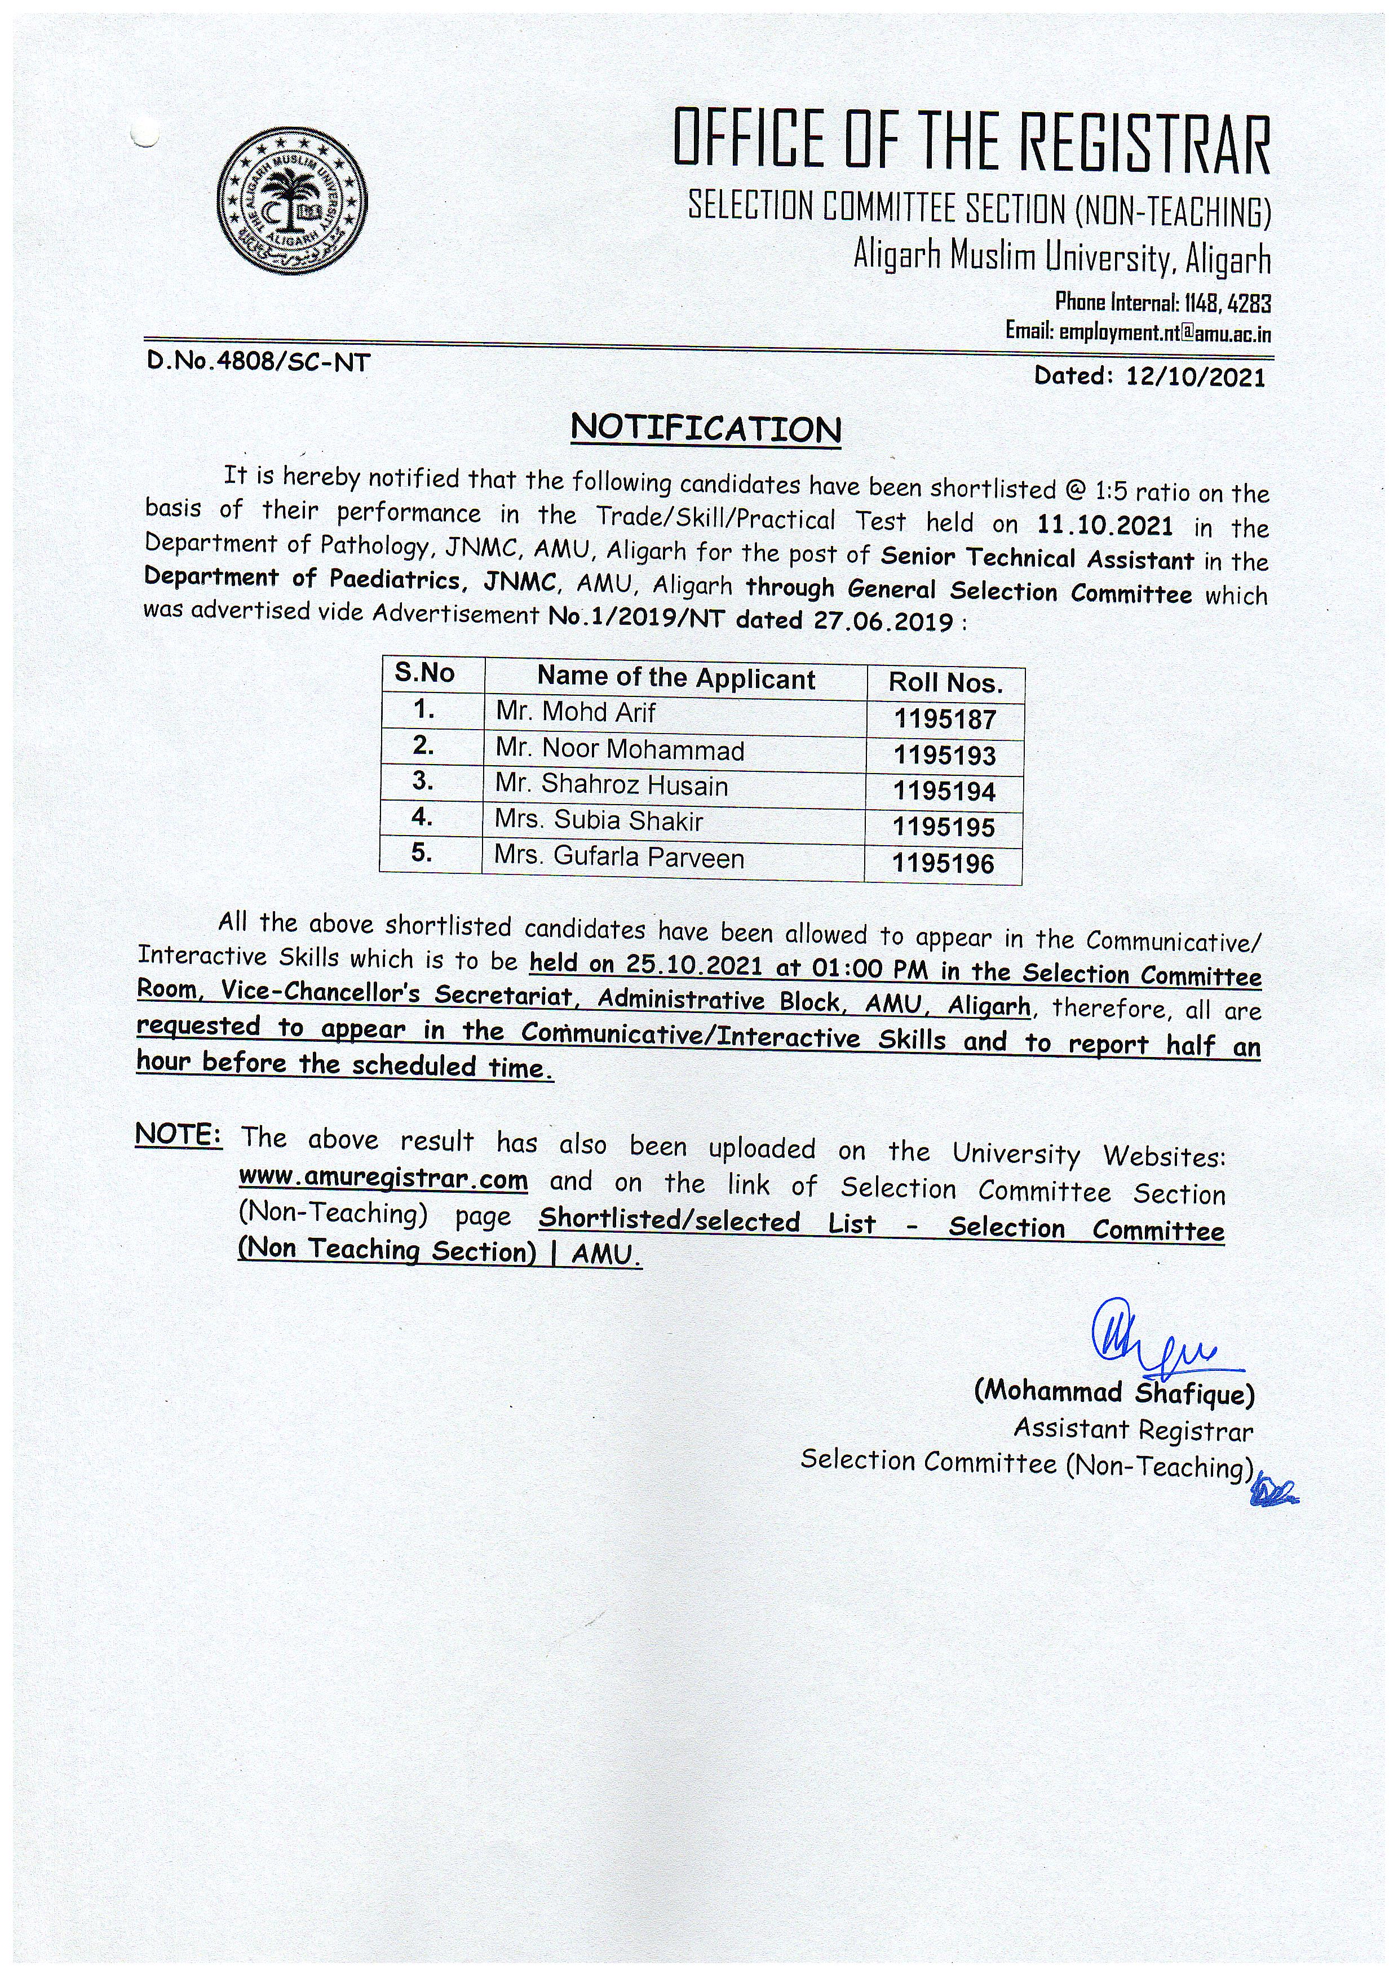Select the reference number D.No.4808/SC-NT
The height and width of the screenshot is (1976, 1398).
point(259,362)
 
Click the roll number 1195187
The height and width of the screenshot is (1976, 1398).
point(944,718)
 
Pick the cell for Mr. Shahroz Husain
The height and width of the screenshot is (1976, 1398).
point(611,786)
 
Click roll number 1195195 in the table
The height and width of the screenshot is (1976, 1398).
point(944,827)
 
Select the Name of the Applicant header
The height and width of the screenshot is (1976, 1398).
point(676,679)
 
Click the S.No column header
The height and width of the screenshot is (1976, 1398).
point(424,673)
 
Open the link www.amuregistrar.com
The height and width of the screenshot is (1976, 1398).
point(383,1178)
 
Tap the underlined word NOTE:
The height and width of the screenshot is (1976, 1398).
point(179,1136)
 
